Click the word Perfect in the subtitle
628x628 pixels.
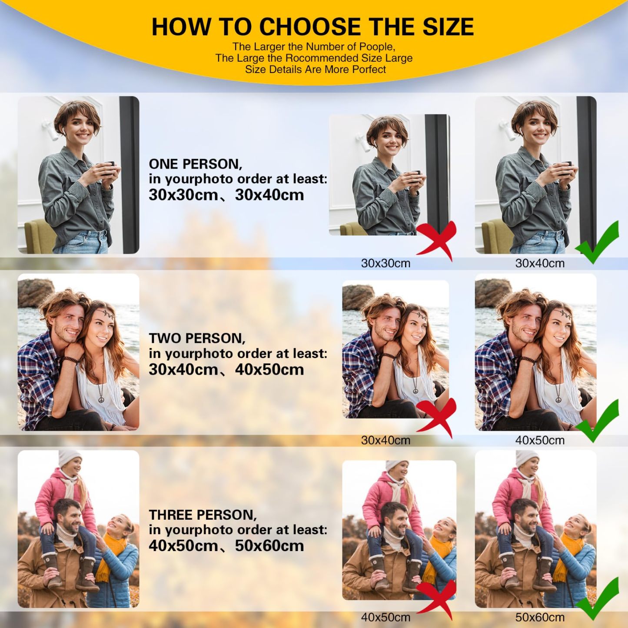click(x=369, y=69)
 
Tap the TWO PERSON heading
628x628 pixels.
click(x=197, y=338)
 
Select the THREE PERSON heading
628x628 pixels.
click(x=203, y=515)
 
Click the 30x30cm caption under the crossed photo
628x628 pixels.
click(x=385, y=263)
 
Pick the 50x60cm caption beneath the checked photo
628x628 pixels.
click(x=540, y=617)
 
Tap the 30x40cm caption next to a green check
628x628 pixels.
click(x=540, y=263)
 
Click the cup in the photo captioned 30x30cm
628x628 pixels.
click(x=415, y=176)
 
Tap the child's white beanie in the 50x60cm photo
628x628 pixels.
click(x=527, y=459)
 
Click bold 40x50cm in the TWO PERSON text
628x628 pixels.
click(x=269, y=369)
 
